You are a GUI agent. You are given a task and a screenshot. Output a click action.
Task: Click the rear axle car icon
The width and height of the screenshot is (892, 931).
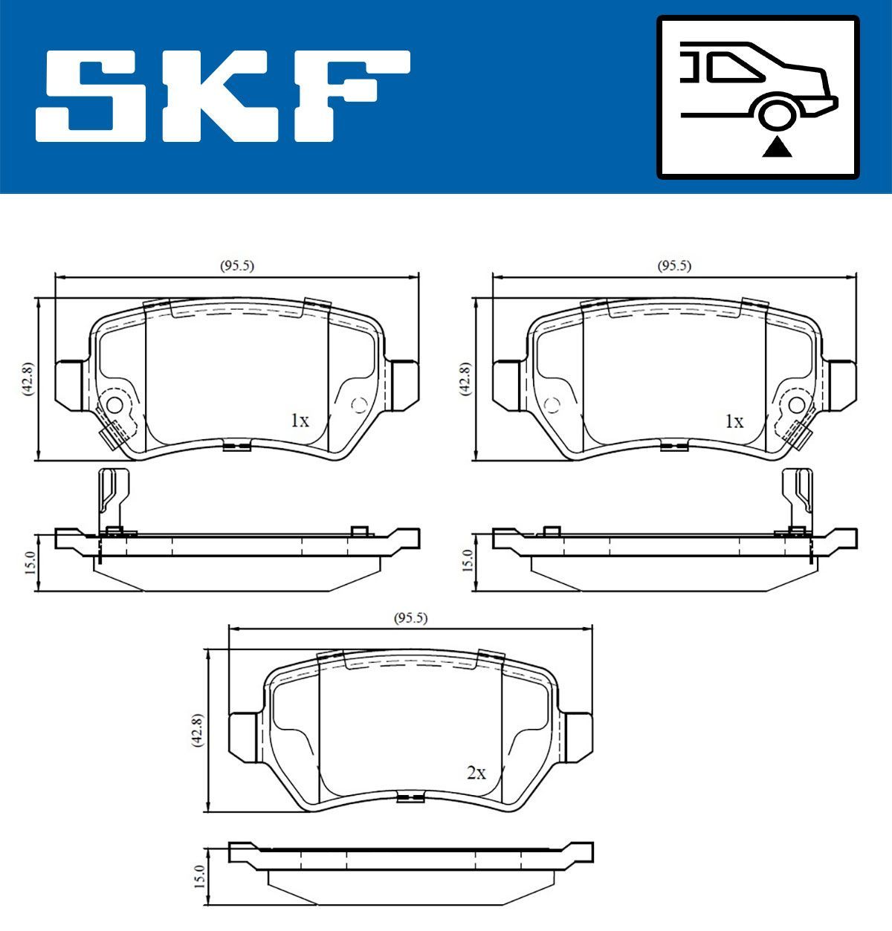(x=758, y=97)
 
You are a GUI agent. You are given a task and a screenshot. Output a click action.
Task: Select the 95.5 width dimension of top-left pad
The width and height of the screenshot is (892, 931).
(x=236, y=266)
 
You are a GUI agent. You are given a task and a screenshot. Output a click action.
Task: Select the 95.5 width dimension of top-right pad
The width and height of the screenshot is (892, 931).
(x=674, y=266)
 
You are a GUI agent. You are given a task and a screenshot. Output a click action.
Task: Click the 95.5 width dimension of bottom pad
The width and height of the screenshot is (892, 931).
(x=410, y=617)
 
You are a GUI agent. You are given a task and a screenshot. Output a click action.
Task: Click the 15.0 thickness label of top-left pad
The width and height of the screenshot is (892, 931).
(x=29, y=562)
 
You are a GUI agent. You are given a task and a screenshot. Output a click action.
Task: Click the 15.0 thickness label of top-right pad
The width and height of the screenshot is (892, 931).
(x=466, y=562)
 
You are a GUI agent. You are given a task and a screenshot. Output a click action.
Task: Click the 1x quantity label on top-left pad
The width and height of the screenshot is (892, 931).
(x=299, y=421)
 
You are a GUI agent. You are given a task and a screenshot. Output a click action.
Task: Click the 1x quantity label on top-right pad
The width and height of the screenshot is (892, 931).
(x=734, y=421)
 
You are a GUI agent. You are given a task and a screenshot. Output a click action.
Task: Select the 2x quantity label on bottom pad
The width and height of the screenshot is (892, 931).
(x=476, y=773)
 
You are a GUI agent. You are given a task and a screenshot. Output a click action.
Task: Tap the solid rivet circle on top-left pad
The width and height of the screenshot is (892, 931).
(x=115, y=405)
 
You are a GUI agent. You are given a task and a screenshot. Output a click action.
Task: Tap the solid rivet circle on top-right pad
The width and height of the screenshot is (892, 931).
(x=796, y=405)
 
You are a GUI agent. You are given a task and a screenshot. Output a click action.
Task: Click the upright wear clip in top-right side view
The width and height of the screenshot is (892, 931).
(x=800, y=498)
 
